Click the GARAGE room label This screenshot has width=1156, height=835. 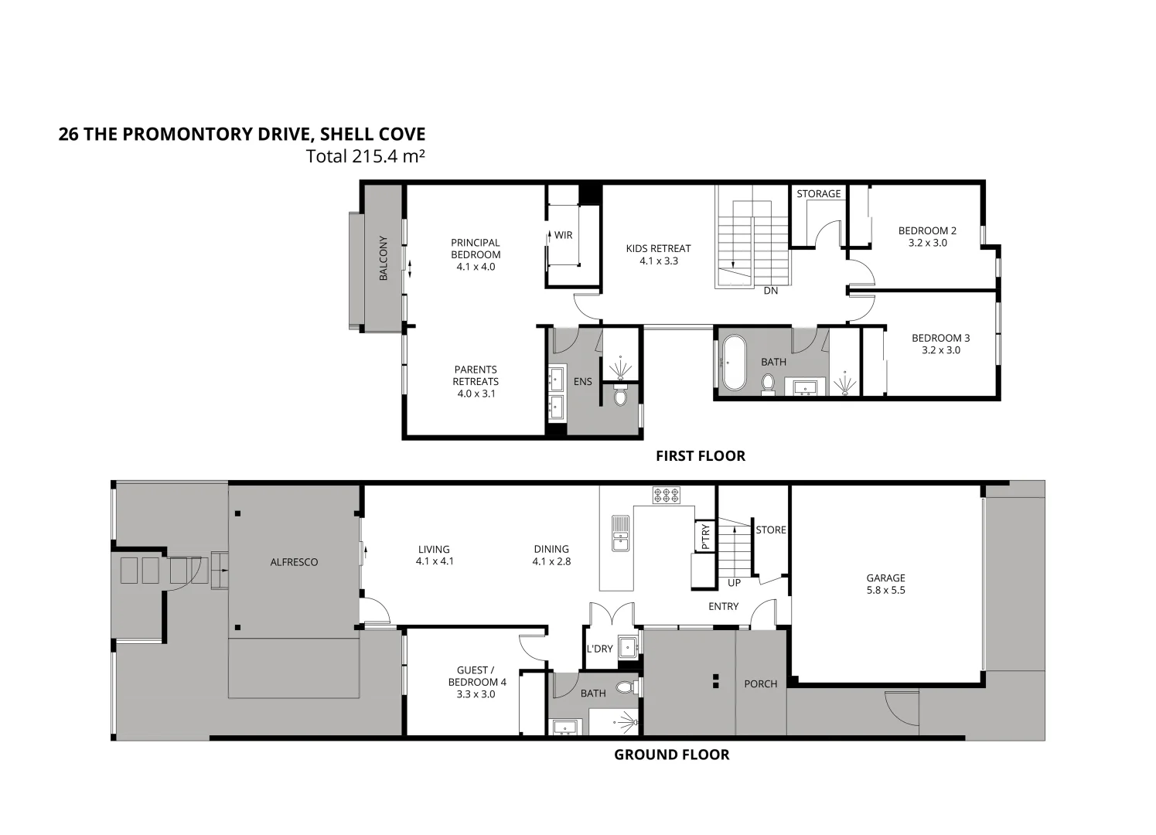click(x=885, y=578)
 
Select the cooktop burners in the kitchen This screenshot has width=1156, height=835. click(x=666, y=495)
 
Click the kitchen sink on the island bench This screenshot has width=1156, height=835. click(x=620, y=533)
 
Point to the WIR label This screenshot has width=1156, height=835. click(x=563, y=235)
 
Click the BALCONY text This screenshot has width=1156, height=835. click(x=383, y=258)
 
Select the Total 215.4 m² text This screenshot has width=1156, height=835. click(x=366, y=156)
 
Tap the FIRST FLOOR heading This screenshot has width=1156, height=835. click(x=700, y=456)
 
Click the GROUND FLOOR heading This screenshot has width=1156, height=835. click(x=671, y=755)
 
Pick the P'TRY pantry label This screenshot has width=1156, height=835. click(x=704, y=537)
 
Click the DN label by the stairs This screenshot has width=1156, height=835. click(x=770, y=291)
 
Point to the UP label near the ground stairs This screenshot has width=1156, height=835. click(x=733, y=583)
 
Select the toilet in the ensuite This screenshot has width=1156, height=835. click(x=620, y=397)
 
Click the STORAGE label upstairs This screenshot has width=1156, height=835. click(x=818, y=194)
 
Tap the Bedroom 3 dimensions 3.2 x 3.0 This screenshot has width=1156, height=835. click(x=940, y=350)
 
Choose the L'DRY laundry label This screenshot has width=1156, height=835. click(x=599, y=649)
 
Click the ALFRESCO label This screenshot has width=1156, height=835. click(x=294, y=562)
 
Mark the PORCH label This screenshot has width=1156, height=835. click(x=760, y=684)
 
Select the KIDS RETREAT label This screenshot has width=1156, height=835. click(x=658, y=248)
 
